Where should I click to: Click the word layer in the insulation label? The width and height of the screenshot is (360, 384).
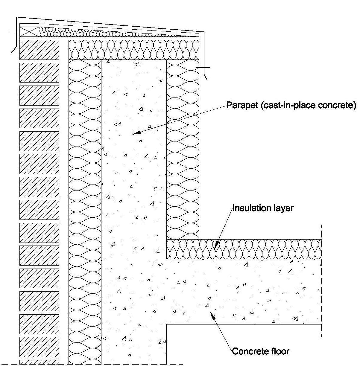click(x=284, y=208)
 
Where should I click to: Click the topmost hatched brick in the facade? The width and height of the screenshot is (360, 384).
click(x=39, y=50)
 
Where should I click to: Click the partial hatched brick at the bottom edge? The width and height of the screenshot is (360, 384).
click(x=39, y=362)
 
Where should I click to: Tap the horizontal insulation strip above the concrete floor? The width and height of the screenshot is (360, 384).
click(x=244, y=249)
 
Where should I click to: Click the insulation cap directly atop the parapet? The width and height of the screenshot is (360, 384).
click(x=134, y=50)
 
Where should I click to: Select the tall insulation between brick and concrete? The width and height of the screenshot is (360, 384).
click(x=85, y=209)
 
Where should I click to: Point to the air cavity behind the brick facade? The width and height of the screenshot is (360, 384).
click(x=64, y=209)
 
